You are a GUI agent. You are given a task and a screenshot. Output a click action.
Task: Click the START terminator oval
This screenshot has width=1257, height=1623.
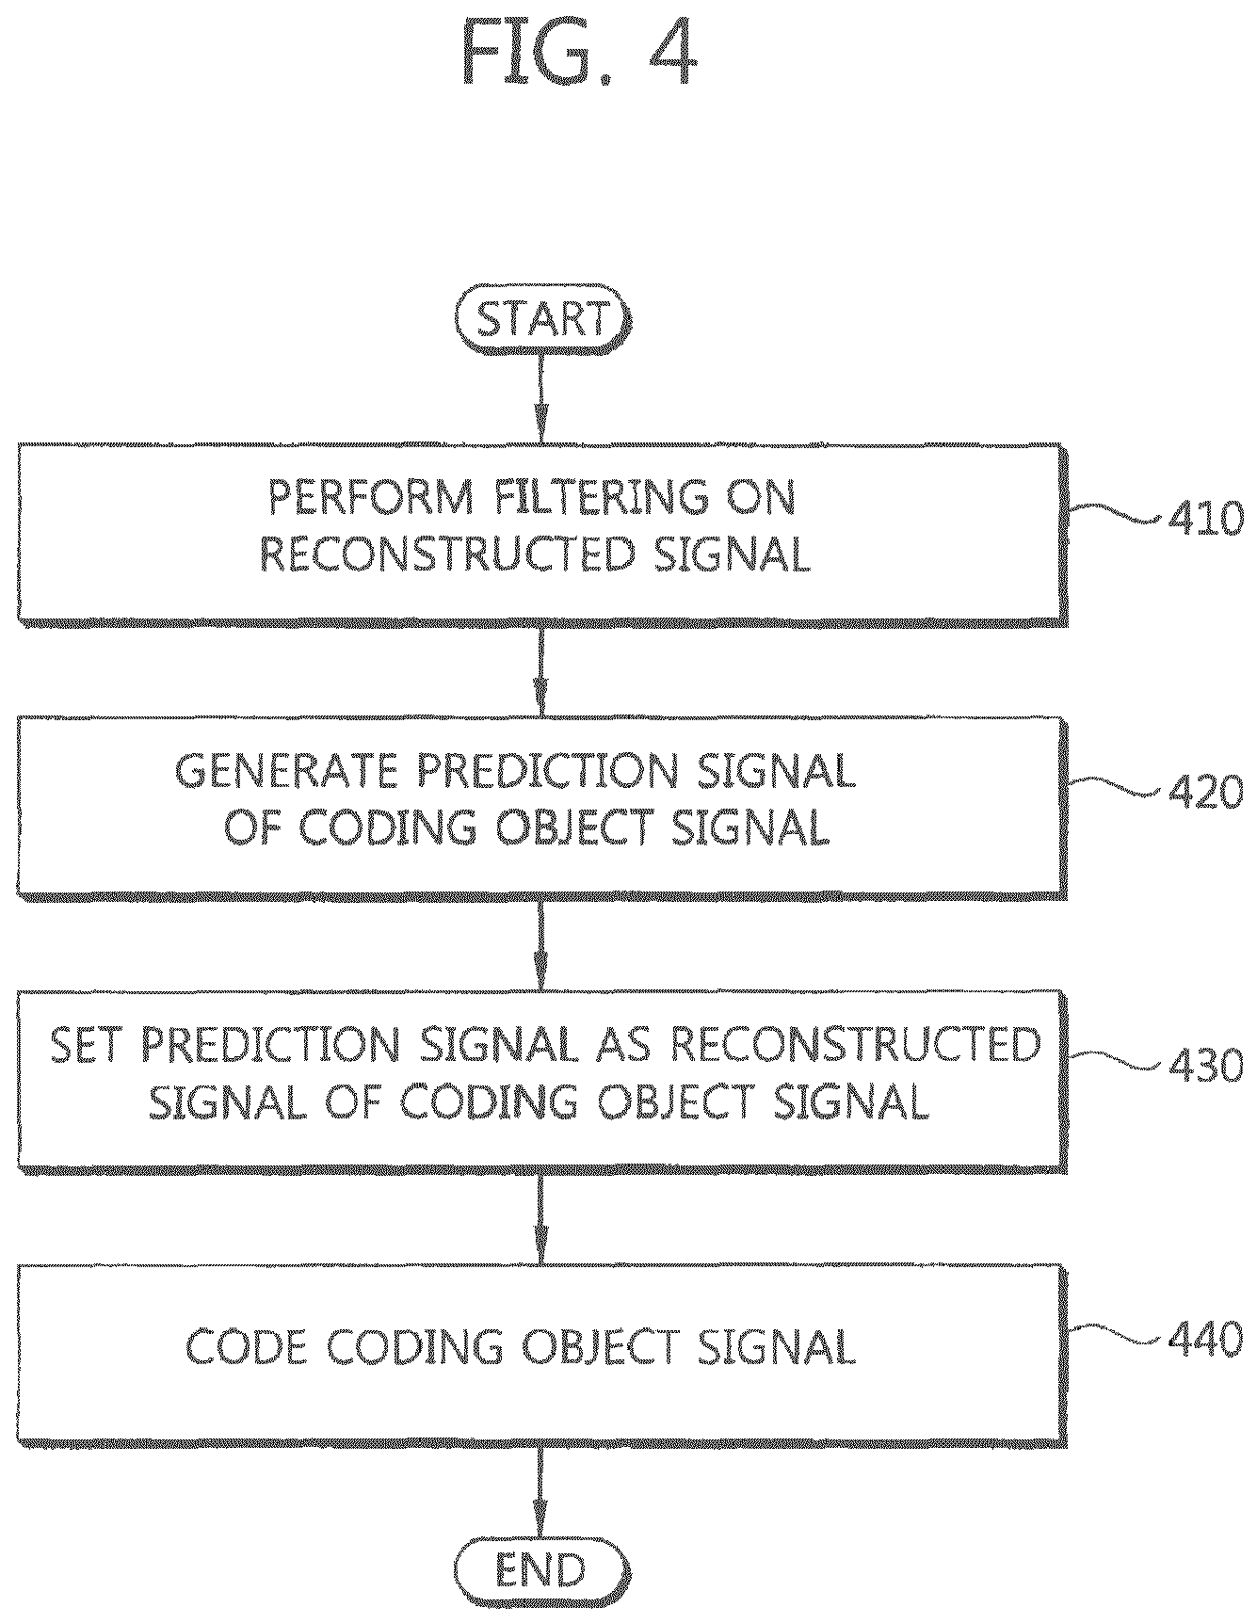point(541,321)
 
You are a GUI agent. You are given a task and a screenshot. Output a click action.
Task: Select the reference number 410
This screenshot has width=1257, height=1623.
point(1206,518)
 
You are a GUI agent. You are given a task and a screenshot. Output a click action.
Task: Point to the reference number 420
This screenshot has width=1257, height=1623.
point(1206,793)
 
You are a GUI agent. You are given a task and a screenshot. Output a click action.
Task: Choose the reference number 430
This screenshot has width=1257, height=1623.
point(1206,1067)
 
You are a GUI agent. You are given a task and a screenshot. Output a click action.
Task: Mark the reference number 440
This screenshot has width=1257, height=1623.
point(1206,1340)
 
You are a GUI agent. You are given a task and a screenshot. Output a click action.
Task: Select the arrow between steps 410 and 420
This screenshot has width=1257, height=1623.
point(541,671)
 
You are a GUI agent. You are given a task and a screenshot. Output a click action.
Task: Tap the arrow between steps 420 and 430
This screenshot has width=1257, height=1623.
point(541,944)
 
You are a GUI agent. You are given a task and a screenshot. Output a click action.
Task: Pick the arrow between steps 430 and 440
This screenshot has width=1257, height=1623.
point(541,1219)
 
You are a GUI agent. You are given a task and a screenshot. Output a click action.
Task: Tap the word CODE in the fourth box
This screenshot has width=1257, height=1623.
point(247,1347)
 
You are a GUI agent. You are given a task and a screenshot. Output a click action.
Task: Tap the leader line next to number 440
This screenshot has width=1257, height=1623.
point(1118,1335)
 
